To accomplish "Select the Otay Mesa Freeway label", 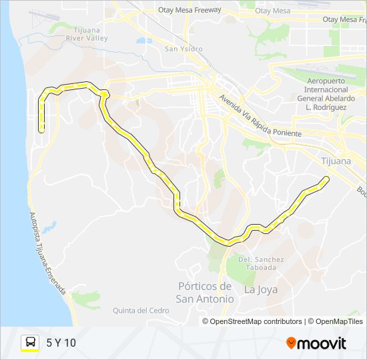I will (x=190, y=11).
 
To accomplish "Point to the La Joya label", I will (x=260, y=289).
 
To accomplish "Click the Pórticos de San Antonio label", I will (x=206, y=293).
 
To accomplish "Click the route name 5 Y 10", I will (x=61, y=343).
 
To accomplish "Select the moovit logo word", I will (x=322, y=343).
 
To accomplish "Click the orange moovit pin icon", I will (x=291, y=343).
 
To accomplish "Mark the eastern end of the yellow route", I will (x=326, y=178).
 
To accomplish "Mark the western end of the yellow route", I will (x=41, y=131).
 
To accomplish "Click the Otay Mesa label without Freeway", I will (x=273, y=11).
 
